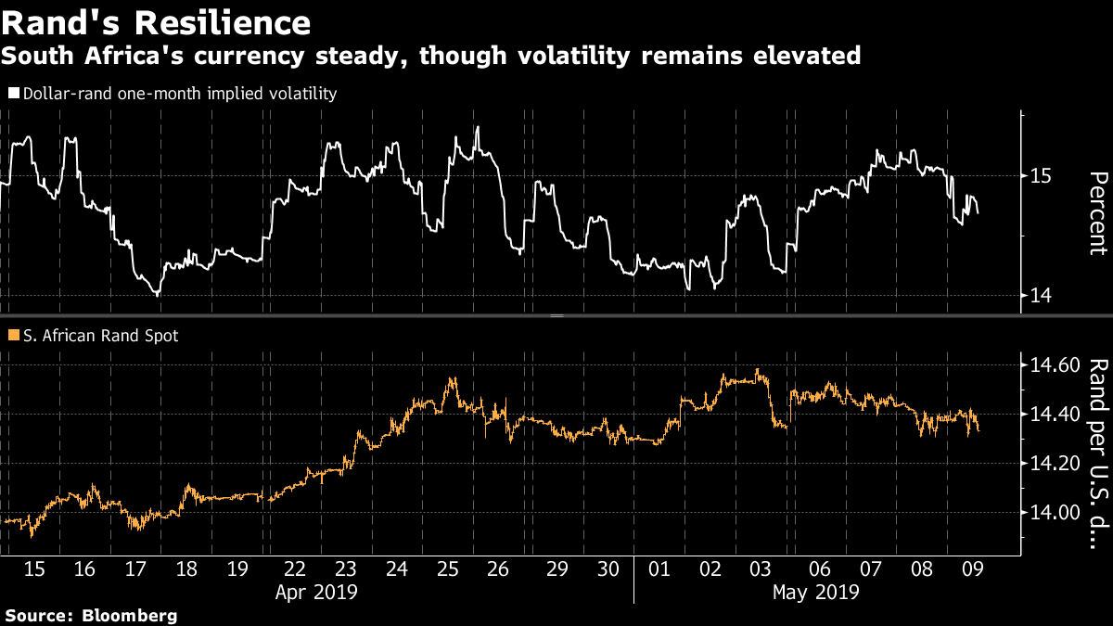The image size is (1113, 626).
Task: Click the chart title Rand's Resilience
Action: pyautogui.click(x=156, y=21)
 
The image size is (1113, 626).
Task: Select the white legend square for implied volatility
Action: pyautogui.click(x=12, y=94)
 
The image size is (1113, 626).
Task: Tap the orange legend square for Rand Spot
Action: pyautogui.click(x=12, y=337)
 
